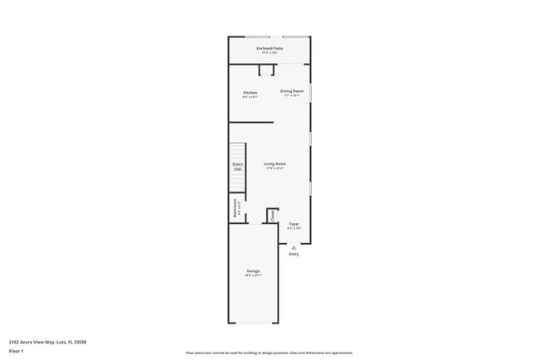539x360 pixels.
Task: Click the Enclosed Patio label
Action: pyautogui.click(x=269, y=48)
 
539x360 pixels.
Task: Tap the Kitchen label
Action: pyautogui.click(x=250, y=92)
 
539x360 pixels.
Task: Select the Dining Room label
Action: pyautogui.click(x=291, y=90)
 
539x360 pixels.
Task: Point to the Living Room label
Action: pyautogui.click(x=274, y=163)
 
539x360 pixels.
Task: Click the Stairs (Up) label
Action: pyautogui.click(x=237, y=167)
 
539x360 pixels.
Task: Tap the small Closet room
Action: pyautogui.click(x=272, y=215)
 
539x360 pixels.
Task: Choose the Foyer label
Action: pyautogui.click(x=294, y=224)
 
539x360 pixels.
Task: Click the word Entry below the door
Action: pyautogui.click(x=294, y=254)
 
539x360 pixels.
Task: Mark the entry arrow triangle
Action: pyautogui.click(x=294, y=247)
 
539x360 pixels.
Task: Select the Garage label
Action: pyautogui.click(x=253, y=271)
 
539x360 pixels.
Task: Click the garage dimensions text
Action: pyautogui.click(x=253, y=276)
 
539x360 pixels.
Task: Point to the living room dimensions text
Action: pyautogui.click(x=274, y=168)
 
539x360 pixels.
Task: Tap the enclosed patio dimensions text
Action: pyautogui.click(x=269, y=53)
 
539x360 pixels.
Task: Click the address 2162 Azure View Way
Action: pyautogui.click(x=47, y=341)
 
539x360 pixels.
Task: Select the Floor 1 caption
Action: pyautogui.click(x=17, y=350)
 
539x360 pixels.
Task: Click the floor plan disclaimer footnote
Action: pyautogui.click(x=269, y=353)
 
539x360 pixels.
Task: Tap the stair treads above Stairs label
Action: pyautogui.click(x=238, y=152)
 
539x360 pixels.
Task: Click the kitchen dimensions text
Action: pyautogui.click(x=250, y=97)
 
